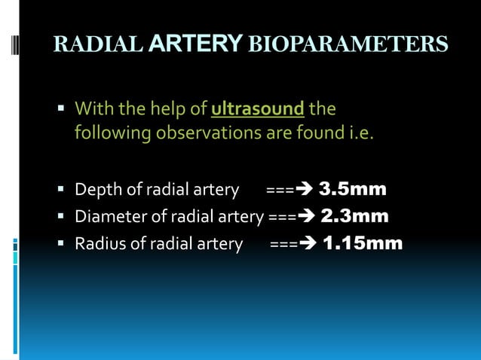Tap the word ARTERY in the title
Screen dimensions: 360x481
[x=195, y=44]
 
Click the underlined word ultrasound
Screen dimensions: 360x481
[x=258, y=109]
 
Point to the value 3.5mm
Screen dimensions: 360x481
[x=353, y=188]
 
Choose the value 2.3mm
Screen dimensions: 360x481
[x=355, y=217]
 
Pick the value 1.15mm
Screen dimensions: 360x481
[x=363, y=244]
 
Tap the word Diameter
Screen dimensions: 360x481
[x=106, y=218]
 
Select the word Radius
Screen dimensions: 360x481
[x=98, y=245]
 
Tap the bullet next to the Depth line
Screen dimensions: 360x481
[x=61, y=190]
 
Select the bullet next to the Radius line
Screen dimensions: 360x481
[x=61, y=245]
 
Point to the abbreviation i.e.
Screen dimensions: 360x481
[x=358, y=136]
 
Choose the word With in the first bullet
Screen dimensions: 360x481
[x=91, y=109]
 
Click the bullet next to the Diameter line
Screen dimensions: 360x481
[x=61, y=218]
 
